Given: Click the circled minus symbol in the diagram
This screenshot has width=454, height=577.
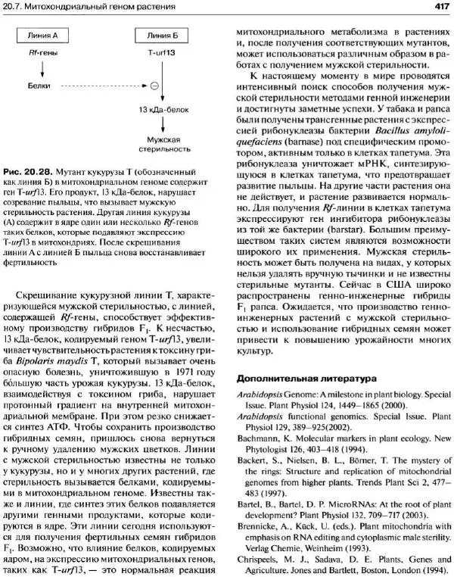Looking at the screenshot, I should point(154,86).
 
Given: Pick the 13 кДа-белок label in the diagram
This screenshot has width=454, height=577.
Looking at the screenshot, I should point(160,111).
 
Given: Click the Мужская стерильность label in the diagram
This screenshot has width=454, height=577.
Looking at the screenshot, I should point(160,144).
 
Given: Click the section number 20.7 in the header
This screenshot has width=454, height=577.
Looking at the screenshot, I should point(16,7).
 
